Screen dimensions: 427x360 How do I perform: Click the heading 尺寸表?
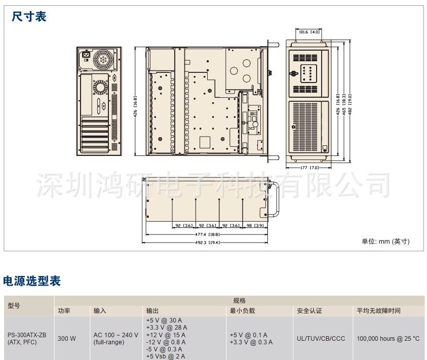coord(29,17)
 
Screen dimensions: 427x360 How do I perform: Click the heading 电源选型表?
coord(32,280)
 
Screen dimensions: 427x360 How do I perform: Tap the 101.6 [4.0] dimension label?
coord(309,32)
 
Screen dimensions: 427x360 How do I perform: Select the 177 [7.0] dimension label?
coord(309,167)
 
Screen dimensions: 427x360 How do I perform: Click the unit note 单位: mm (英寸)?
coord(385,242)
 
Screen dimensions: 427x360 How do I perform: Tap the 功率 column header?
coord(64,311)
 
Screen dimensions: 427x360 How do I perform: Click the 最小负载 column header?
coord(242,311)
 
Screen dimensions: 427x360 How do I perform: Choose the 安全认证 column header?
coord(309,311)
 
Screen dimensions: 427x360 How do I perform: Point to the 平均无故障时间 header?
coord(379,311)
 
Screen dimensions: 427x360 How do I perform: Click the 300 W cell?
coord(66,338)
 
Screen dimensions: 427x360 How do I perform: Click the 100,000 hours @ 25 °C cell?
coord(388,338)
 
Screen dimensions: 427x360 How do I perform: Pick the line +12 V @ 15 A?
coord(166,335)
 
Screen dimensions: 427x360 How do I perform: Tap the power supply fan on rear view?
coord(104,59)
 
